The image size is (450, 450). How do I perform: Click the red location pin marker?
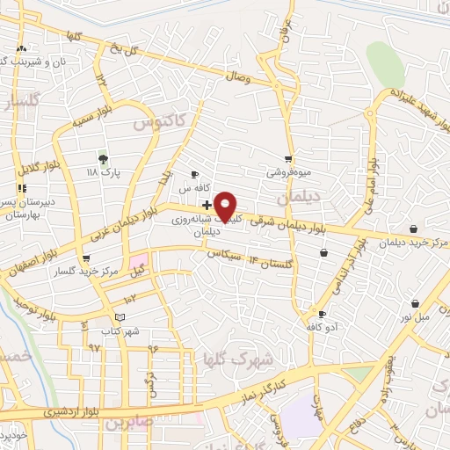pos(226,207)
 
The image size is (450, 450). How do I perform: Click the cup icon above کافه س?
pos(195,175)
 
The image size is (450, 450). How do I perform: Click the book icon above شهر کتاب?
pos(120,316)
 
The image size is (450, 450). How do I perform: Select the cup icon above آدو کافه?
pos(322,314)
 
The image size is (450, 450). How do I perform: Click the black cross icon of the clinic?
pos(206,205)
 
